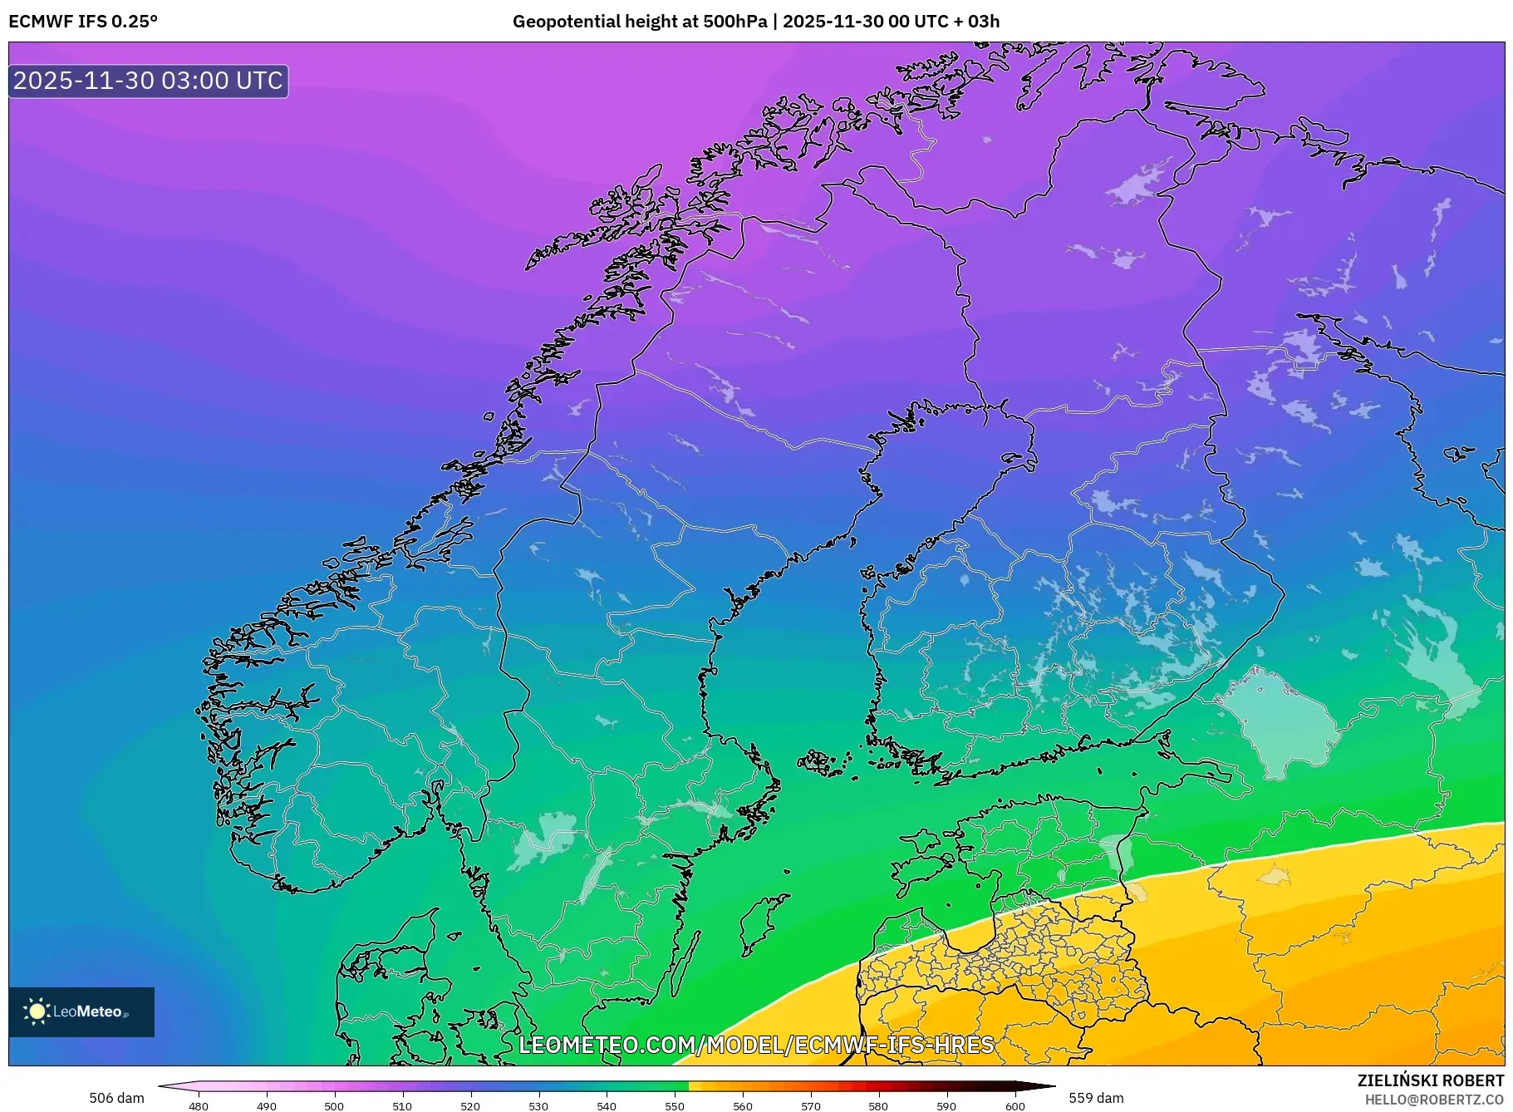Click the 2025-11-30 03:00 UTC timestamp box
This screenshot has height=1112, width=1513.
148,81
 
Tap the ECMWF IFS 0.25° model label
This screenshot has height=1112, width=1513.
83,21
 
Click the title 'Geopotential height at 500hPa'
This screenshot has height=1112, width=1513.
640,21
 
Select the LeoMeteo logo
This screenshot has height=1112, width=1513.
81,1011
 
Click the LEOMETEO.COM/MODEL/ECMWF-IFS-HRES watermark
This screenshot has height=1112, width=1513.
756,1045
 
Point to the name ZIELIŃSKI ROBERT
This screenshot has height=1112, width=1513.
1430,1080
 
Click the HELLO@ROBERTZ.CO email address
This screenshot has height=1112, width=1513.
1434,1100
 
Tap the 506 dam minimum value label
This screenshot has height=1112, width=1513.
116,1098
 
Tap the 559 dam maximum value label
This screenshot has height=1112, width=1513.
1096,1098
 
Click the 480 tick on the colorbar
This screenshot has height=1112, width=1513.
199,1105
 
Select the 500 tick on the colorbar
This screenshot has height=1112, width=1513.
334,1105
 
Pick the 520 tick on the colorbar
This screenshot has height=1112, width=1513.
470,1105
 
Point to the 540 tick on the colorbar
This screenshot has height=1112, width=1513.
607,1105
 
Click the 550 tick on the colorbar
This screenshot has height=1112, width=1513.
675,1105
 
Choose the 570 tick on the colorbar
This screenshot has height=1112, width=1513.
811,1105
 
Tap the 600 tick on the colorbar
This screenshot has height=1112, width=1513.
1015,1105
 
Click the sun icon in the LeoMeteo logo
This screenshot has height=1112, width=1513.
37,1011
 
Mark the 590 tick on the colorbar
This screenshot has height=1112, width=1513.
947,1105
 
